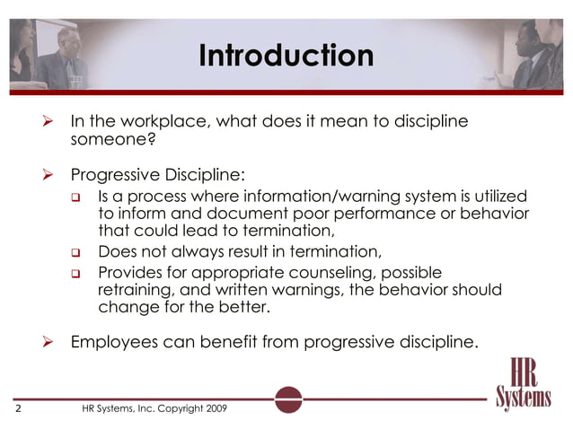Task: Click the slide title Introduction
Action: coord(286,56)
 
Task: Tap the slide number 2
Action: coord(18,408)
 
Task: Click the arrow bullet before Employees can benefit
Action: coord(51,341)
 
